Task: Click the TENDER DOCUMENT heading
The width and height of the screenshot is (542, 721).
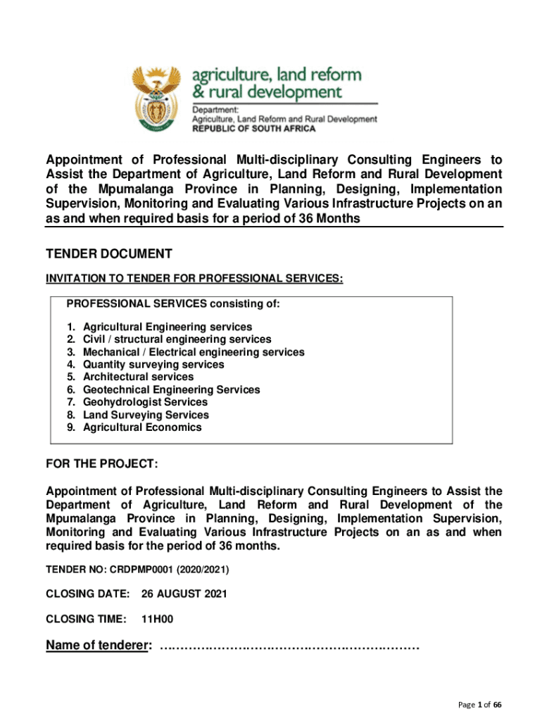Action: [108, 254]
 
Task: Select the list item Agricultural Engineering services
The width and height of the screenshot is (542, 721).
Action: [167, 327]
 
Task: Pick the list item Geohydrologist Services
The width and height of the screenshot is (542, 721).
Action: [145, 402]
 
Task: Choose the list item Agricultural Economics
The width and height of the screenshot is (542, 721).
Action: [142, 427]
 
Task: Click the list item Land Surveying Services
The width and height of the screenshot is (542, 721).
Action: [146, 415]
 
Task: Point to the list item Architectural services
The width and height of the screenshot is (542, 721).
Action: [138, 377]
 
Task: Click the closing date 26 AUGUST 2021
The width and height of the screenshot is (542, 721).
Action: [184, 594]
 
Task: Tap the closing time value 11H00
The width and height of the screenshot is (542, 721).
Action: [157, 620]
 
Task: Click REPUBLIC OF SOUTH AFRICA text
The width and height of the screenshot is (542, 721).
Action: [254, 129]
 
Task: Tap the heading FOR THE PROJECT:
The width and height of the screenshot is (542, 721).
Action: [101, 465]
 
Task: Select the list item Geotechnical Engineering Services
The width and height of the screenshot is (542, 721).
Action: [171, 390]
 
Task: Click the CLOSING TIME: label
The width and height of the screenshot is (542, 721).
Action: [86, 620]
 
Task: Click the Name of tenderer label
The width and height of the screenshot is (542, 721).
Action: [98, 646]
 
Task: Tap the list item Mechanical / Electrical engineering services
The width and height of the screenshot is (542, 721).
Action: [194, 352]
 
